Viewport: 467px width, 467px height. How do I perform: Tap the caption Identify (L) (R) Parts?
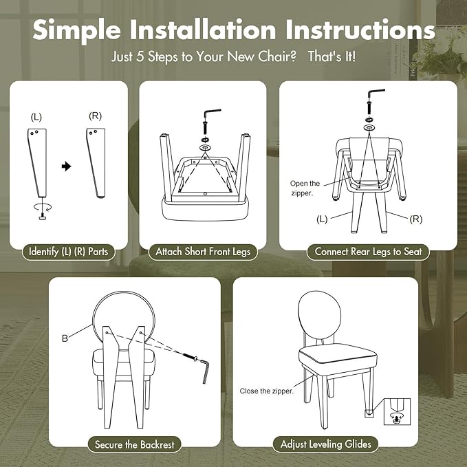pos(69,252)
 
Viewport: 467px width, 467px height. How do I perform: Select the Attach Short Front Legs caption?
pos(203,252)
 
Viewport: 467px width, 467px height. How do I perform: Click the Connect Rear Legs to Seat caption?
pos(368,252)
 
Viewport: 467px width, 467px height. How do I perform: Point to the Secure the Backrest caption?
pos(134,445)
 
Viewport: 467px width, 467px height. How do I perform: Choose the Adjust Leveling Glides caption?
pos(325,444)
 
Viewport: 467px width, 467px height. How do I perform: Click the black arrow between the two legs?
pos(67,166)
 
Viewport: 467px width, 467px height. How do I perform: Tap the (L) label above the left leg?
pos(36,117)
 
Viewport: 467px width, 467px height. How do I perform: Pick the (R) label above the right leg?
pos(96,116)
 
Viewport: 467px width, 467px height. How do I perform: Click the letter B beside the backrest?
pos(65,338)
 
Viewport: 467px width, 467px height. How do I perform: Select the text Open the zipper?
pos(305,188)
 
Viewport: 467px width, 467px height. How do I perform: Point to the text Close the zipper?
pos(267,391)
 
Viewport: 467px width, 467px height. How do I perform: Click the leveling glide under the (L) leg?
pos(42,217)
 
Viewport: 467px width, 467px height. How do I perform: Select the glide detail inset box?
pos(397,411)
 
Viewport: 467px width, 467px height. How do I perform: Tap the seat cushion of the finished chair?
pos(338,356)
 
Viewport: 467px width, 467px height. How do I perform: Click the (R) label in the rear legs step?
pos(416,219)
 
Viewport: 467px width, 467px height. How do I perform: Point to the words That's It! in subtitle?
pos(332,56)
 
